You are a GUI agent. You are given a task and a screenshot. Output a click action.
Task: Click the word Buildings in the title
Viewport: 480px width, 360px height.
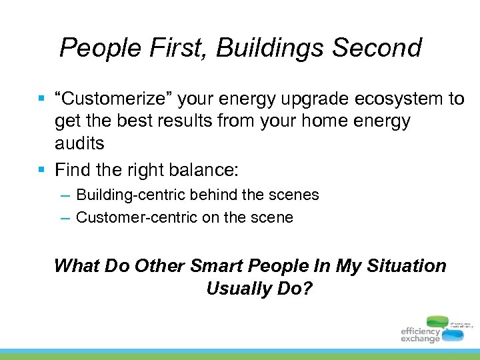(x=272, y=48)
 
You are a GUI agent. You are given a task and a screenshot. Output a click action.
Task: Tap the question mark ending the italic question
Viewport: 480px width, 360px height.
(x=308, y=289)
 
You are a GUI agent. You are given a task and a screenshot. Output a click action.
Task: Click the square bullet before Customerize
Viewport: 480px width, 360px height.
(x=41, y=99)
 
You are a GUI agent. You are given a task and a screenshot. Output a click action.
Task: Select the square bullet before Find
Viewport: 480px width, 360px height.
(x=41, y=170)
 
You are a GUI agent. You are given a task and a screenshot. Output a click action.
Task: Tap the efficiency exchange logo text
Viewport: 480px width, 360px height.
(x=420, y=335)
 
